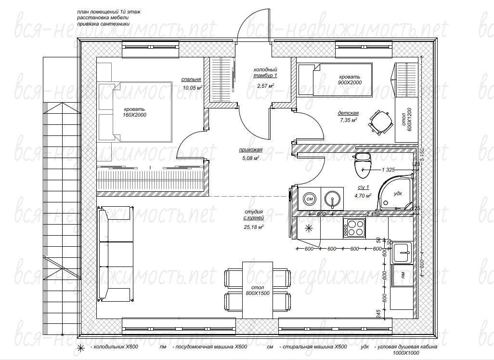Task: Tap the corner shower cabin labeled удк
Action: [396, 193]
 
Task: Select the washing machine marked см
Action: [309, 199]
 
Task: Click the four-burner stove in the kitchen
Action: [354, 227]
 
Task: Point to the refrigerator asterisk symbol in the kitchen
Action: [309, 228]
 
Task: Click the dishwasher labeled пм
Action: [403, 276]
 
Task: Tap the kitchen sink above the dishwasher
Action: [402, 253]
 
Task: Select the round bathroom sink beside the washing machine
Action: [332, 199]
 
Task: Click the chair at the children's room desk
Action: [381, 123]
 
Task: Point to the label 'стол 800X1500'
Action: [258, 290]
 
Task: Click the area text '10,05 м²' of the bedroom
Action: [192, 88]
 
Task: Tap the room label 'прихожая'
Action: [250, 150]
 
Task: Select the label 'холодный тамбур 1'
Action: [265, 72]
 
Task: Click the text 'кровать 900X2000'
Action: [350, 80]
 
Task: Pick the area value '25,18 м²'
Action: [254, 227]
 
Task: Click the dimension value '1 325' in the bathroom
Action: [388, 170]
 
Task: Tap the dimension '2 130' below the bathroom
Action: [373, 214]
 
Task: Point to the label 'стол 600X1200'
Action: [407, 120]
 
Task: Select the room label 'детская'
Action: [348, 113]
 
